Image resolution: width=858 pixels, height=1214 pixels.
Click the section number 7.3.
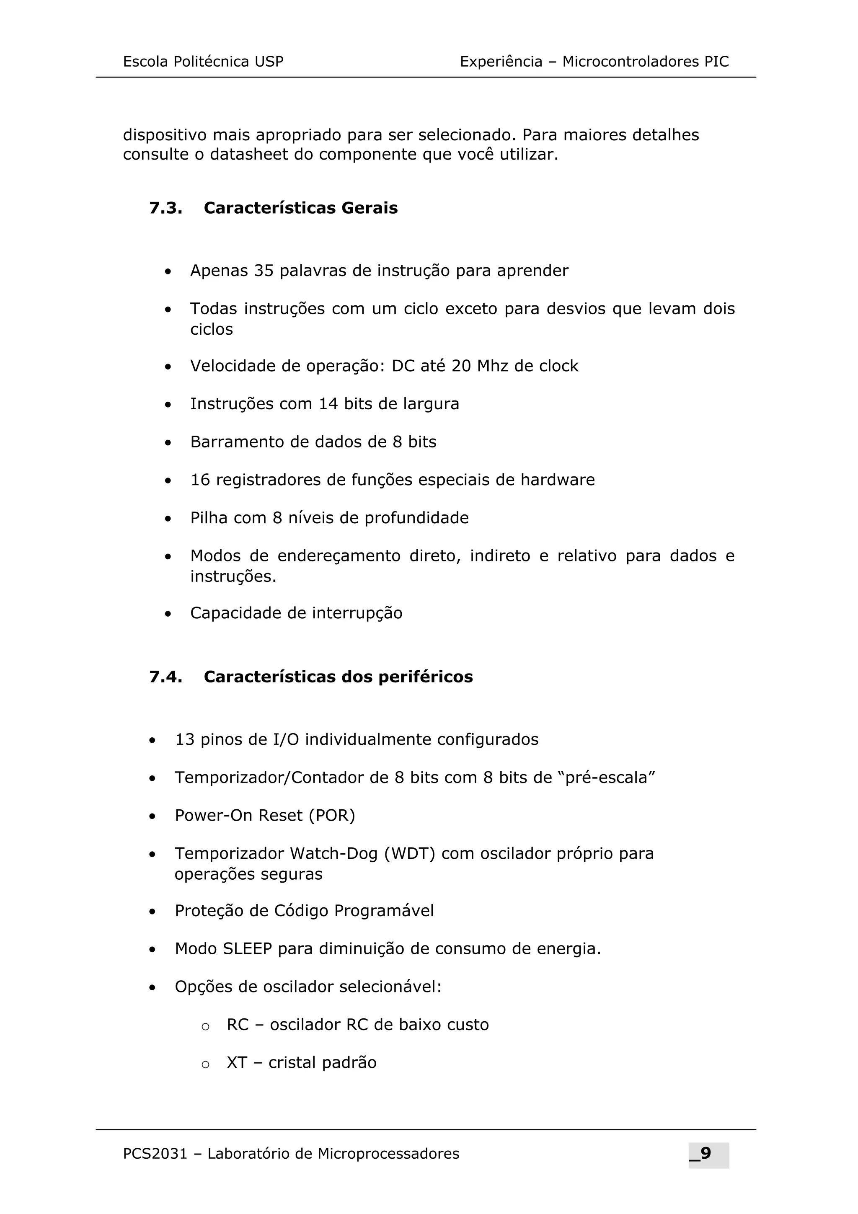click(165, 208)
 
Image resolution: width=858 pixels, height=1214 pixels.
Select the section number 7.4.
click(165, 677)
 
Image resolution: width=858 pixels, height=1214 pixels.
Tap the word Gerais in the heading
click(369, 208)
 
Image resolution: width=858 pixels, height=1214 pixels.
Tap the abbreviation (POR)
click(332, 815)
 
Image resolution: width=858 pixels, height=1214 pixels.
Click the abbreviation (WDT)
click(409, 853)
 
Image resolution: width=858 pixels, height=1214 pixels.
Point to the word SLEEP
click(247, 948)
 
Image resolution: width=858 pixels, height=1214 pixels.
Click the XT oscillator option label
click(236, 1063)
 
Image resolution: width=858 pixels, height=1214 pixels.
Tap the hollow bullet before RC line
click(206, 1026)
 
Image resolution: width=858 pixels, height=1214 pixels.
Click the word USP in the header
click(269, 62)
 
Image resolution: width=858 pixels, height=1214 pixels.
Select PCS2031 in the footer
click(155, 1154)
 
